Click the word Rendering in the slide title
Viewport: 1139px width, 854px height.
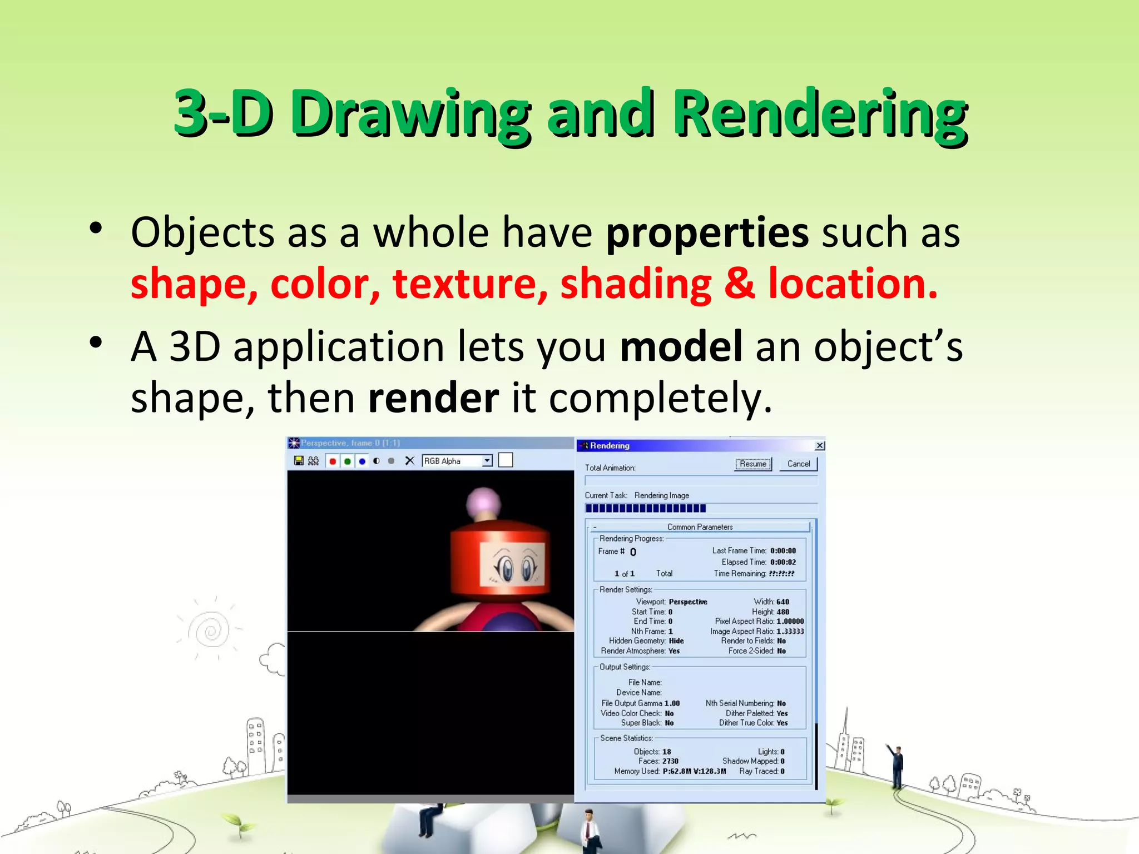[820, 114]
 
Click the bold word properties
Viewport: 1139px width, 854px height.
[707, 232]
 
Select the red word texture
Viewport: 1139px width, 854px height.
[470, 284]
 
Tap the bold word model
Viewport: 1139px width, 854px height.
[681, 346]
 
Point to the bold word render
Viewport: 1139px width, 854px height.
[433, 398]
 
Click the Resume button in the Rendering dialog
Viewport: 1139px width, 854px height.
[752, 464]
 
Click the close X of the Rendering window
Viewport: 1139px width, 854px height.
[820, 445]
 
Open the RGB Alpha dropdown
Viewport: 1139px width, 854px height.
[487, 461]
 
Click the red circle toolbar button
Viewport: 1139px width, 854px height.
[333, 461]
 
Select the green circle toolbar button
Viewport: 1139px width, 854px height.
[348, 461]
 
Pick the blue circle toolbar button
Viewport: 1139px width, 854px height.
[362, 461]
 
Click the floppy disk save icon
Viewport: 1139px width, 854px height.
[299, 461]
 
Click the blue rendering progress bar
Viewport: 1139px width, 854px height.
[645, 508]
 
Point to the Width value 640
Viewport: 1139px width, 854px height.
[783, 602]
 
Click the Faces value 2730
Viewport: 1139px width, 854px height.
[670, 761]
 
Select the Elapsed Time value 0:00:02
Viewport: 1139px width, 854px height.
[783, 562]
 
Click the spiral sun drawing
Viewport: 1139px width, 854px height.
[211, 630]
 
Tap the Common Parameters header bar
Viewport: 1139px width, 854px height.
[700, 527]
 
